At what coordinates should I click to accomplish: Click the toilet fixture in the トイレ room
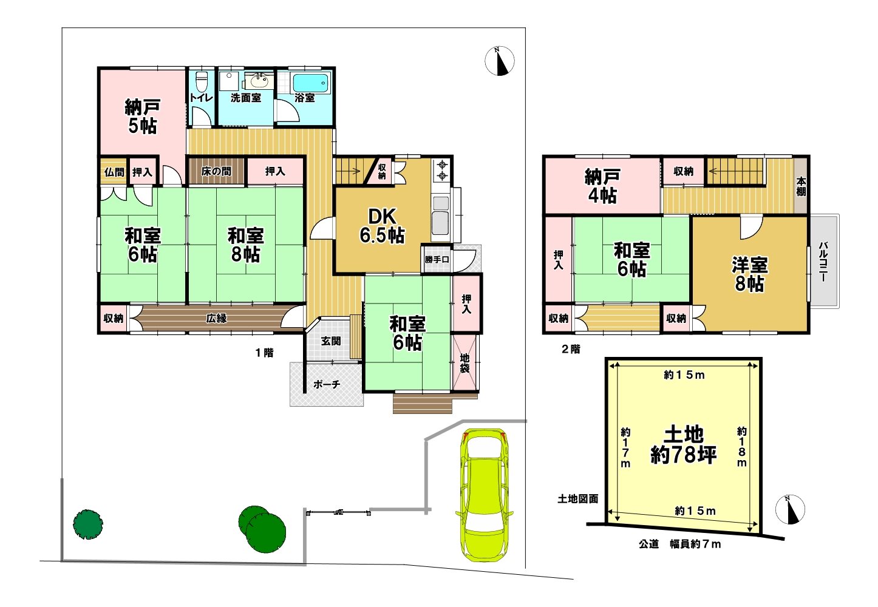point(201,81)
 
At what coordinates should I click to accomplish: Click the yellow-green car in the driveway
point(485,495)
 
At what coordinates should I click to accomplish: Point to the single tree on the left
point(88,524)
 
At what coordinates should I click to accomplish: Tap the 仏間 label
point(114,172)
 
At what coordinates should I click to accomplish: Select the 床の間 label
point(216,171)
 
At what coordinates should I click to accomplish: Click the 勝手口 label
point(437,259)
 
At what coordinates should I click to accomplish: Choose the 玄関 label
point(331,341)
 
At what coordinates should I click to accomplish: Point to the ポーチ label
point(327,384)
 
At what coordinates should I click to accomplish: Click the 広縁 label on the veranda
point(216,318)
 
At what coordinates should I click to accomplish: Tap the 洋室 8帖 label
point(749,274)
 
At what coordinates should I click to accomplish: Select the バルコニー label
point(823,262)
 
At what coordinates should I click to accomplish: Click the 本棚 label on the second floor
point(801,187)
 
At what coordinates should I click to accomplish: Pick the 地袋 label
point(465,363)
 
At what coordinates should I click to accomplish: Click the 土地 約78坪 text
point(684,445)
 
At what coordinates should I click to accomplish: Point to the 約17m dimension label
point(625,447)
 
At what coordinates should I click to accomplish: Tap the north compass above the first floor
point(499,61)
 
